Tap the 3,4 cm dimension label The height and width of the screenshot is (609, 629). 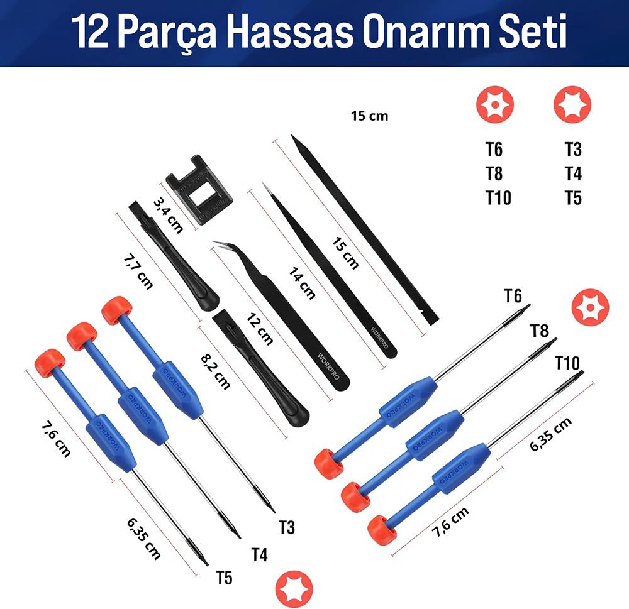coord(168,214)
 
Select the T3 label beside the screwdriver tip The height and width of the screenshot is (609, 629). coord(286,527)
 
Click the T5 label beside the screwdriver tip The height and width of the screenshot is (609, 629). coord(224,578)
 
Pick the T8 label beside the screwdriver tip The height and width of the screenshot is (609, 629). coord(538,331)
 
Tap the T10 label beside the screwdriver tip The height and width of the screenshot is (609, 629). coord(567,363)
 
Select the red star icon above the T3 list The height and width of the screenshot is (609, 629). coord(572,104)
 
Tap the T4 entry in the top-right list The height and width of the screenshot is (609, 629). coord(572,174)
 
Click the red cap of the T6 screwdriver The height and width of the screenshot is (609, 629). coord(329,464)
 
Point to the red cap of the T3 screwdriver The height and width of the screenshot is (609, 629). coord(117,310)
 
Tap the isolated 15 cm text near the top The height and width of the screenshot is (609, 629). coord(370,116)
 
